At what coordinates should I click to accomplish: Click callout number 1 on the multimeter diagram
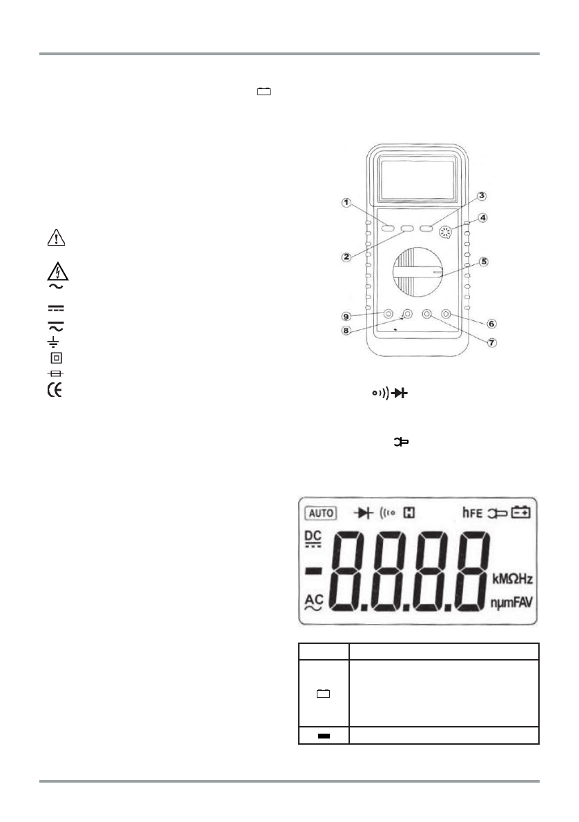[346, 202]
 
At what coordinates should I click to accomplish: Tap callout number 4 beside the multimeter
[482, 217]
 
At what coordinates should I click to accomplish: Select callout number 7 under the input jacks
[491, 343]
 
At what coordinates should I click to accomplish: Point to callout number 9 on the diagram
[346, 316]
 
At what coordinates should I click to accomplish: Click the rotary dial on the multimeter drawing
[418, 273]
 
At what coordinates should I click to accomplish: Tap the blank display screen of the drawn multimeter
[418, 180]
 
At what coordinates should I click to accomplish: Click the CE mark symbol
[55, 391]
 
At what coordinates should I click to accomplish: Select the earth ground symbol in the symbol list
[53, 342]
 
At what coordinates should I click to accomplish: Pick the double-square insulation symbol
[56, 358]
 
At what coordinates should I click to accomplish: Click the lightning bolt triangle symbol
[57, 271]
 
